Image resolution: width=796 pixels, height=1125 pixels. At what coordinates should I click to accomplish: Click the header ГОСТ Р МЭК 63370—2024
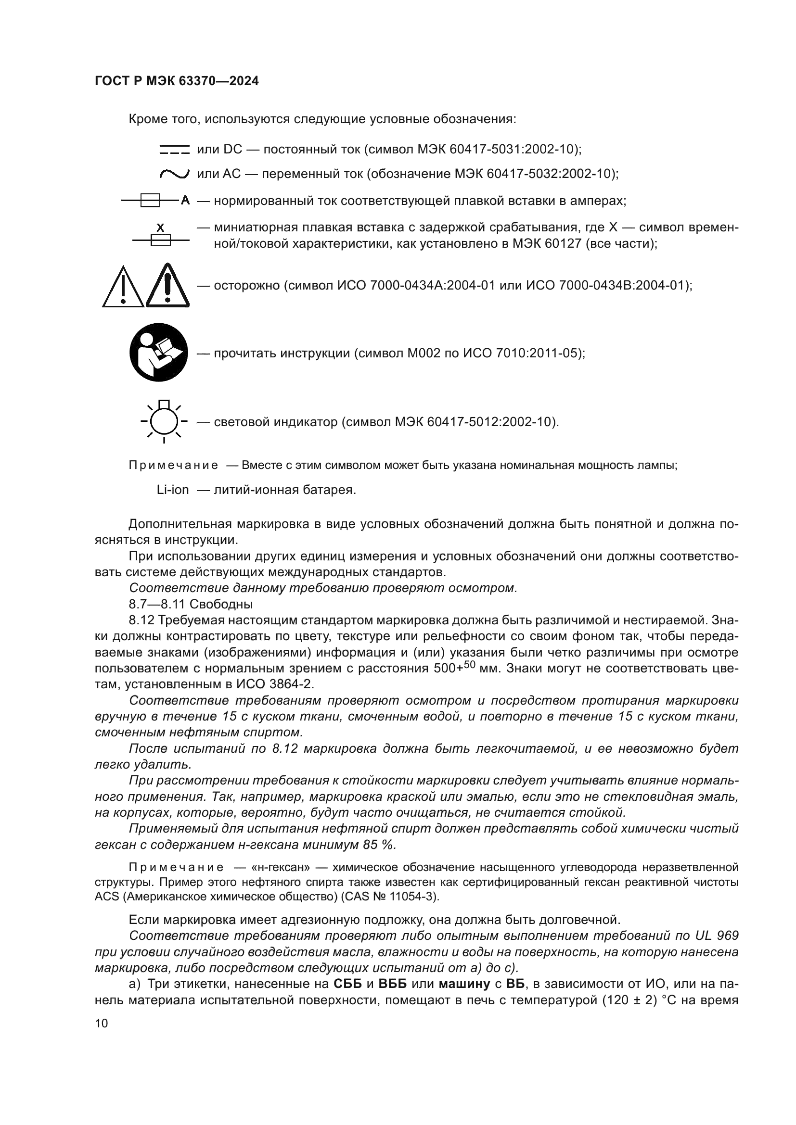177,81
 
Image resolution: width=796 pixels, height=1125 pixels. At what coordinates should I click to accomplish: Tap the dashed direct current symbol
174,150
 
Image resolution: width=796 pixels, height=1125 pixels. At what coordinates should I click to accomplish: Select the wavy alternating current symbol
174,174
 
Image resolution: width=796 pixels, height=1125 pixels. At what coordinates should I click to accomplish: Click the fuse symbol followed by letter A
151,201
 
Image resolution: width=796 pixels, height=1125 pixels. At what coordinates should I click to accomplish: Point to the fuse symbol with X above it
160,239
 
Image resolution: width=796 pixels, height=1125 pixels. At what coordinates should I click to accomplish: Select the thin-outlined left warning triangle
124,288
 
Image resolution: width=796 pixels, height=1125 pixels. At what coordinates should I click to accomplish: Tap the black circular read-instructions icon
158,352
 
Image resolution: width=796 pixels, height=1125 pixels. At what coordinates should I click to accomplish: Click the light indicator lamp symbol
164,421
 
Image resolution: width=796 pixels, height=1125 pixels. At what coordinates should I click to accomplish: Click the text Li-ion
173,490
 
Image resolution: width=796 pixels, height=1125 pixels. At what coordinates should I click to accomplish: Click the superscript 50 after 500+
470,664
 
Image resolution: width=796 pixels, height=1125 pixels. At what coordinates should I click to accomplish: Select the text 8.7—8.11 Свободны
191,604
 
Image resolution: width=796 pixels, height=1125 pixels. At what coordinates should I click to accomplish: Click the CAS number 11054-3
415,897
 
